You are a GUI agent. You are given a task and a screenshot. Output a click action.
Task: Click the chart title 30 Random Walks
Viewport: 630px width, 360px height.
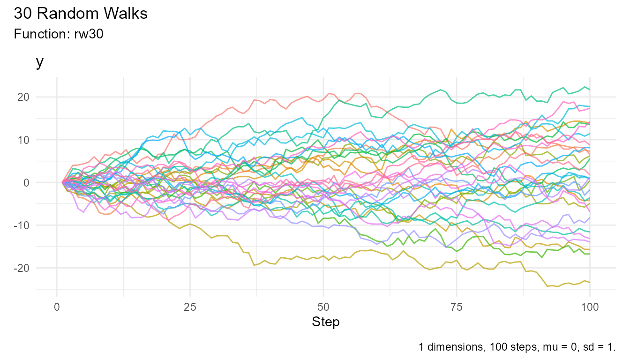[81, 14]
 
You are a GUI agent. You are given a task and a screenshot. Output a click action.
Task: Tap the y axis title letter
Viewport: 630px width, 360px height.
[40, 62]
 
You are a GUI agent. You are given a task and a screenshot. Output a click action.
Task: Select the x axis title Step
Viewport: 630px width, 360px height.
[325, 322]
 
